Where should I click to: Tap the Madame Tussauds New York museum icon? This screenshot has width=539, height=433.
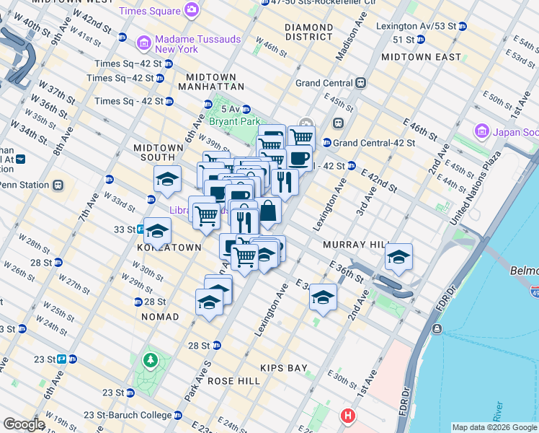[x=143, y=43]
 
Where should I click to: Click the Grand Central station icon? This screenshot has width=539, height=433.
[x=359, y=83]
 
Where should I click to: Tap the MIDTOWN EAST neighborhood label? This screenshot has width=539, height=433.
[x=421, y=56]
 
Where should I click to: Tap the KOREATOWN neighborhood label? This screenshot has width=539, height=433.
[x=169, y=247]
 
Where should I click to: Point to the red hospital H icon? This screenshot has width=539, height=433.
[x=349, y=416]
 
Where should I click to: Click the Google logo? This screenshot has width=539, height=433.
[x=24, y=424]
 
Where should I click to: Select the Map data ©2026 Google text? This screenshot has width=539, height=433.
[x=494, y=427]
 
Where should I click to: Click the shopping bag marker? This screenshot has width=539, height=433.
[x=268, y=211]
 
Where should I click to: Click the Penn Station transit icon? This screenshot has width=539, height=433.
[x=58, y=185]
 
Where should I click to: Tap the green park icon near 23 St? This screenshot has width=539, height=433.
[x=150, y=359]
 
